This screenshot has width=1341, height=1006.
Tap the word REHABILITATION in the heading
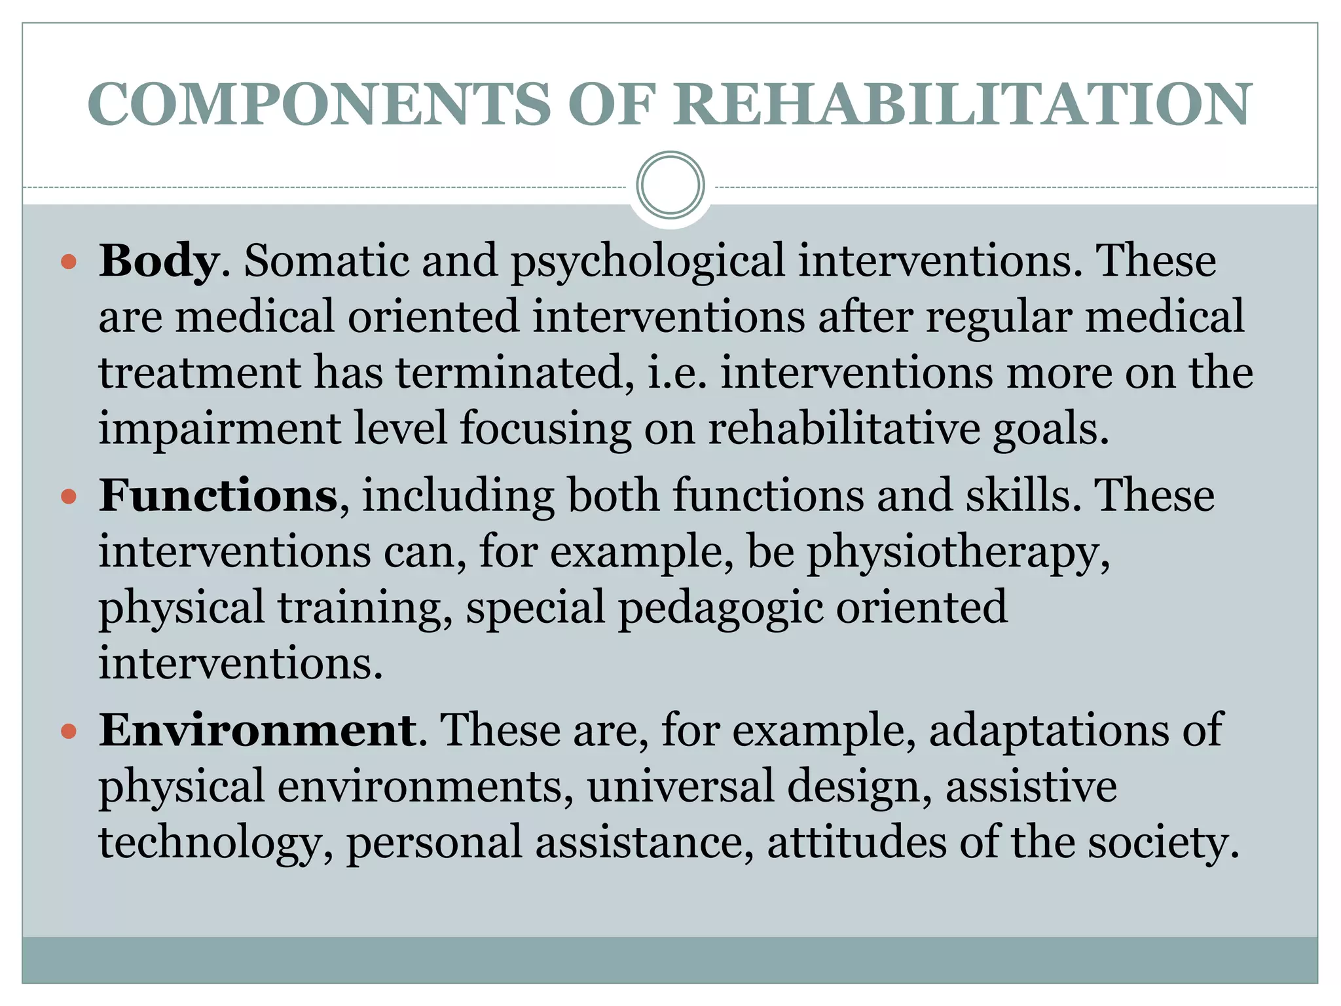(963, 105)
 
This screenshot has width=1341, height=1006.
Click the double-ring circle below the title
(670, 185)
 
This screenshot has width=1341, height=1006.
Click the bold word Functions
(218, 496)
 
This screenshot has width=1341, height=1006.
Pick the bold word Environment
(257, 730)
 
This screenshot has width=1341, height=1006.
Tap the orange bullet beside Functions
(69, 497)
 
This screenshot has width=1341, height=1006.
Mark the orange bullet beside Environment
(69, 731)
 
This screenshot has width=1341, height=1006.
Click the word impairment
(220, 430)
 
